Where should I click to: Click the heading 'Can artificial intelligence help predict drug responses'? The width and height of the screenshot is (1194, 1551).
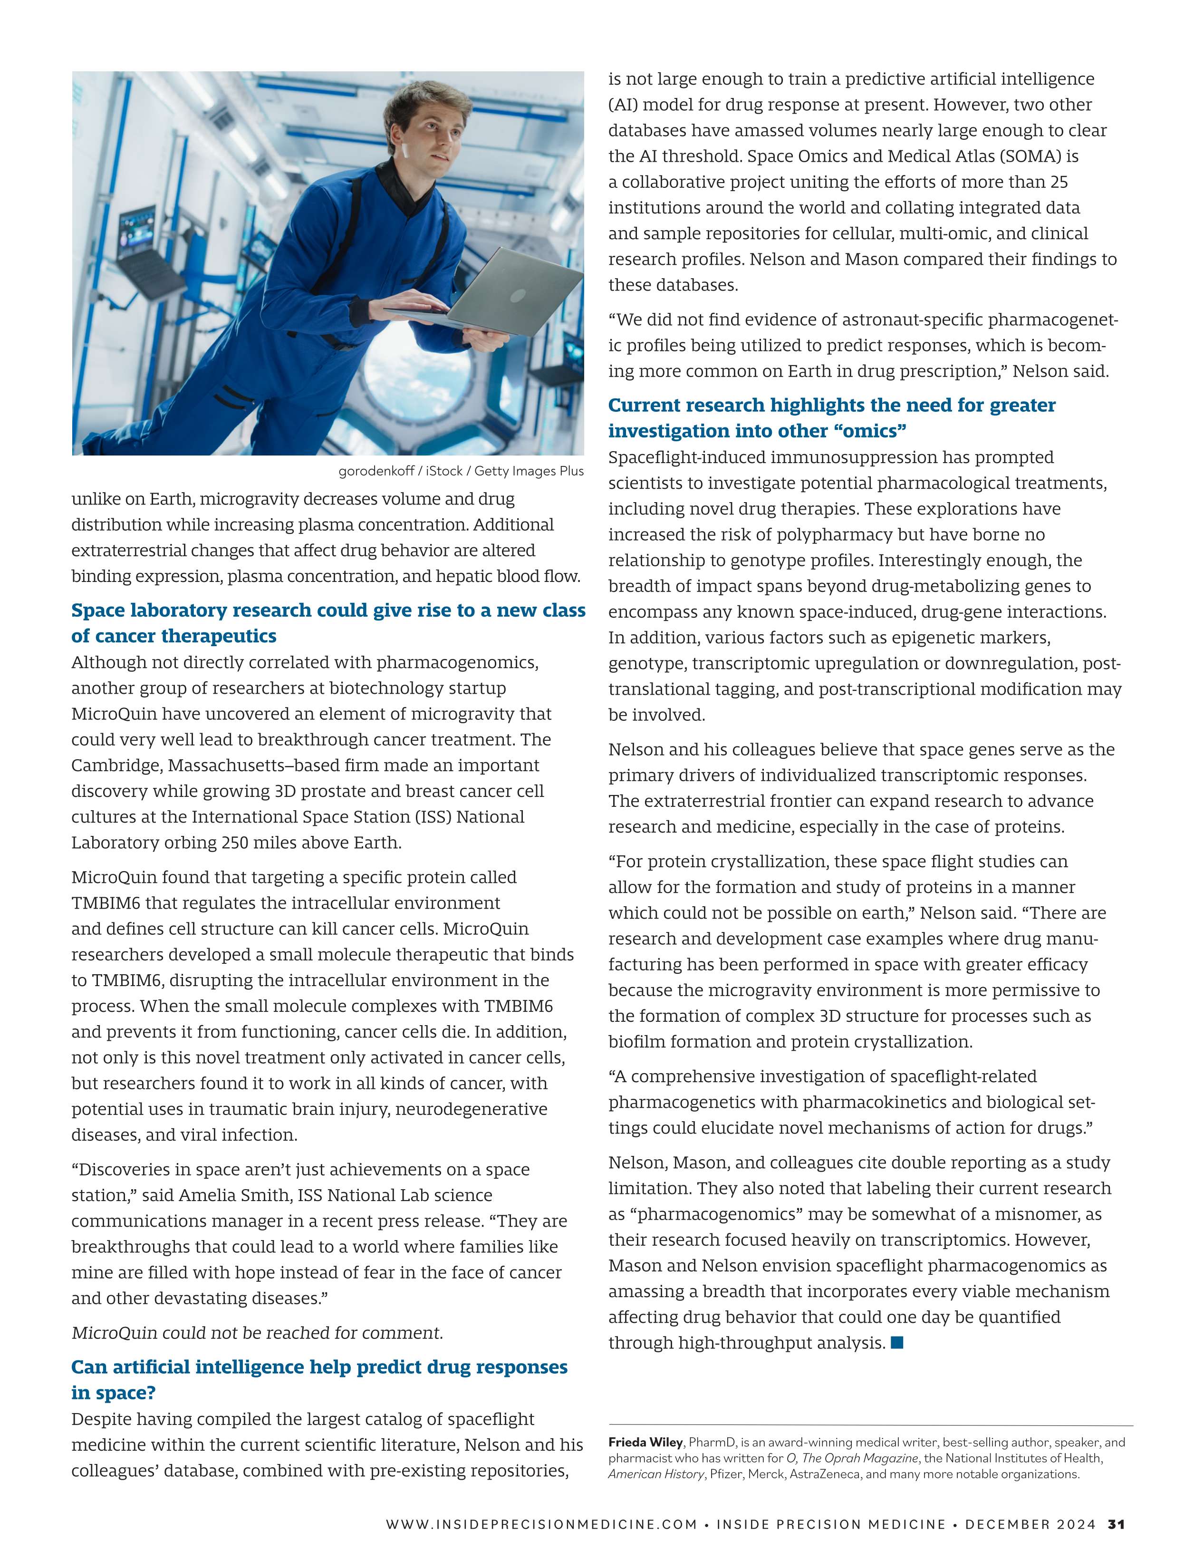(x=319, y=1367)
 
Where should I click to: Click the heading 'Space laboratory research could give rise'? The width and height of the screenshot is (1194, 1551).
(x=328, y=610)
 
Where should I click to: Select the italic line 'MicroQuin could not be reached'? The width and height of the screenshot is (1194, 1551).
(x=257, y=1332)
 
